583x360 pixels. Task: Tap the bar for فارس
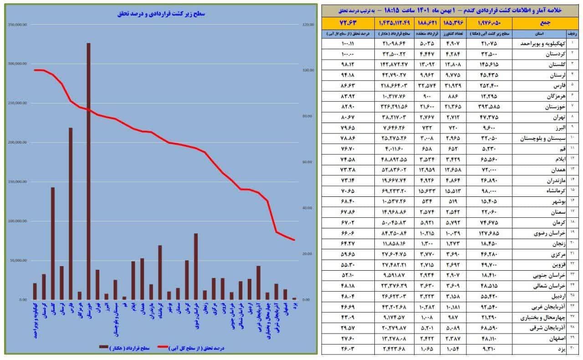coord(71,214)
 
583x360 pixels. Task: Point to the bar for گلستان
coord(53,243)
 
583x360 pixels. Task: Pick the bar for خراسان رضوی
coord(196,267)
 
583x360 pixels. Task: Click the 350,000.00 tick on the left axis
coord(17,24)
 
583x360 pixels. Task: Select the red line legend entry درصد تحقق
coord(191,348)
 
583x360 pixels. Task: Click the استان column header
coord(538,33)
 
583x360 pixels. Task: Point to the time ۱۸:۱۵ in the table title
coord(394,10)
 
